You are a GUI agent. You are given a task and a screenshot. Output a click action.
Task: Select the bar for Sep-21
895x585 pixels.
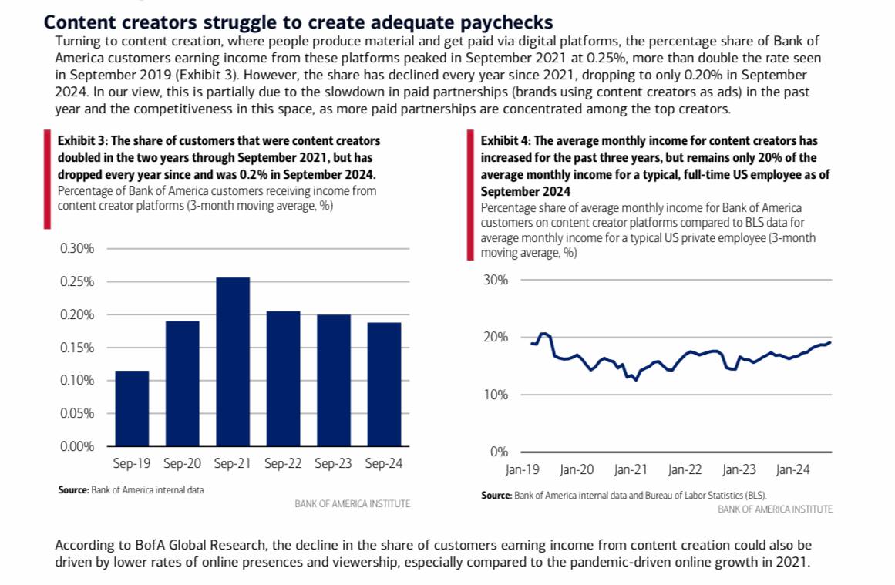click(x=232, y=361)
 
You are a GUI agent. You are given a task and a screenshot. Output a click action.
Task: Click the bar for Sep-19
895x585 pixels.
click(x=132, y=408)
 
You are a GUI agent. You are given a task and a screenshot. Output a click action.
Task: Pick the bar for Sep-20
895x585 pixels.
click(x=182, y=383)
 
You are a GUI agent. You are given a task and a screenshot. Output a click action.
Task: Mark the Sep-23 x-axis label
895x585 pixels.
click(x=333, y=464)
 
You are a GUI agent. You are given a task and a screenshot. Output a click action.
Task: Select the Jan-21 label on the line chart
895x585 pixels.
click(x=630, y=469)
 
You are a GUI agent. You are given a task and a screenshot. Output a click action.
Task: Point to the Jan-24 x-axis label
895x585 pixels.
click(x=792, y=469)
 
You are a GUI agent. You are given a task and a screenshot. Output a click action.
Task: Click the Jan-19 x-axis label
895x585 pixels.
click(x=522, y=469)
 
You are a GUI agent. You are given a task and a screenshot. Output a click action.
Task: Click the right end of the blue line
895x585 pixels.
click(x=830, y=342)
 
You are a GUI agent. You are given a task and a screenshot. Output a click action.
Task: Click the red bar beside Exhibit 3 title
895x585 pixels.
click(x=47, y=180)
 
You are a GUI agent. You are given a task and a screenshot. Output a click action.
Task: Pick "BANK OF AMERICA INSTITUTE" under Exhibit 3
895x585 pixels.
click(x=352, y=503)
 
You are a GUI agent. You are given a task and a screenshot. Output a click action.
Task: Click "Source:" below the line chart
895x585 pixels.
click(x=496, y=495)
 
